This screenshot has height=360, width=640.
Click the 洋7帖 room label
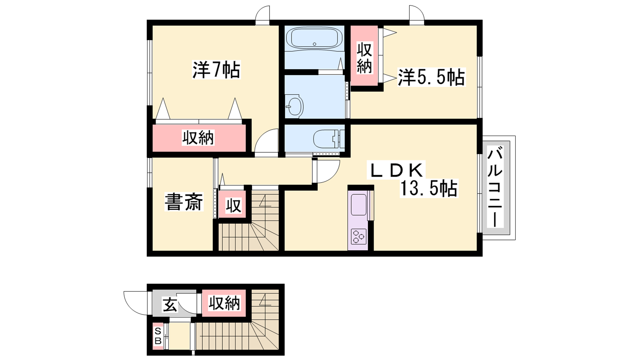point(216,70)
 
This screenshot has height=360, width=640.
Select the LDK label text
point(396,170)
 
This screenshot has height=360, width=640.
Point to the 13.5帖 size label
point(428,188)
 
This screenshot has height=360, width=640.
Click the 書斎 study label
point(184,202)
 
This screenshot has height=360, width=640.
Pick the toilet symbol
point(328,139)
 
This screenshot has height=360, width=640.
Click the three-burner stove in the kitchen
point(358,237)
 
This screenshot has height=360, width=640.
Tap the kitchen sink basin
point(359,204)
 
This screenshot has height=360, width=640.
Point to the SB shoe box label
point(158,336)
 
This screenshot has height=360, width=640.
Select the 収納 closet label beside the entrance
point(224,303)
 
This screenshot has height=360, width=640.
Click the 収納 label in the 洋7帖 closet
point(198,138)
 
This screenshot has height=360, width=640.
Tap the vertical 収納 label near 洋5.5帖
point(364,58)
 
